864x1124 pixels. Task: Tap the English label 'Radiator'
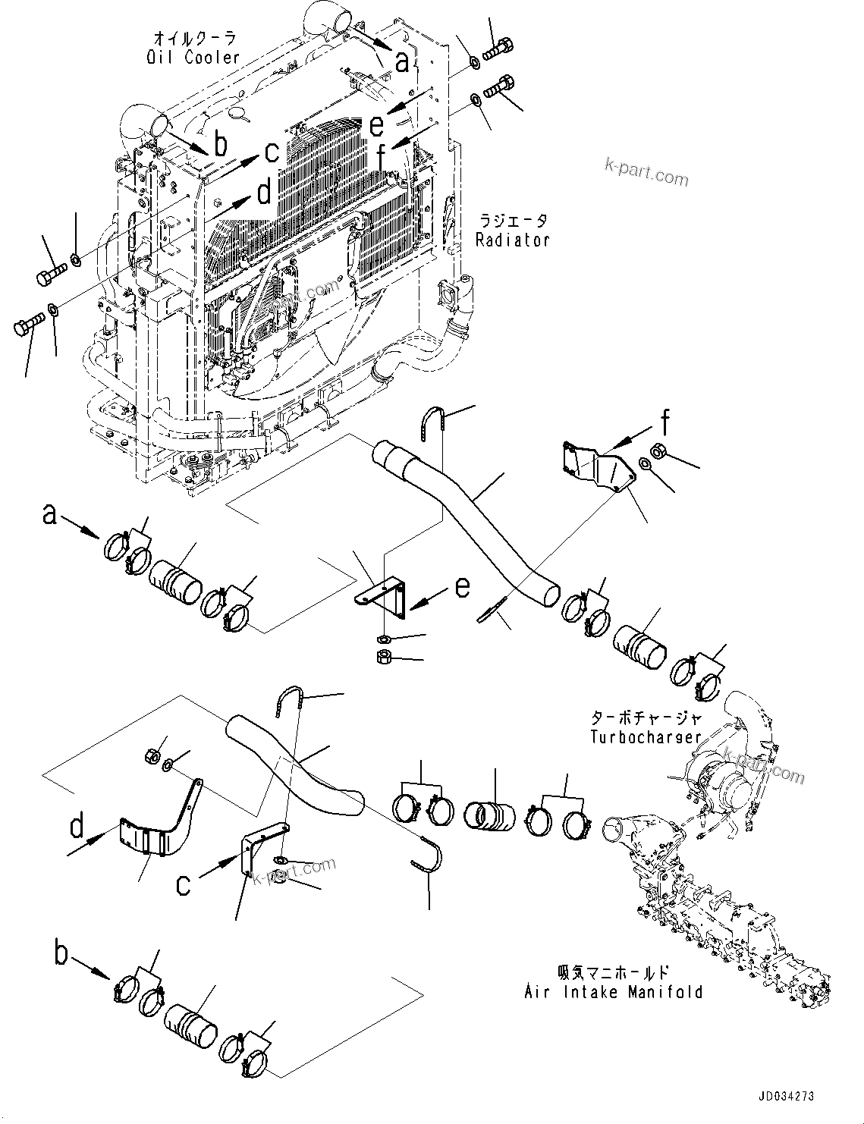point(512,240)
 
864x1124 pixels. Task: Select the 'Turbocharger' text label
point(646,737)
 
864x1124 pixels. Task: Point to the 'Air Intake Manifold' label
point(613,992)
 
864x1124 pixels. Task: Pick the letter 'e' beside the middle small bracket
point(462,587)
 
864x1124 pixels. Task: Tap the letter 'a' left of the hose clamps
point(49,516)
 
